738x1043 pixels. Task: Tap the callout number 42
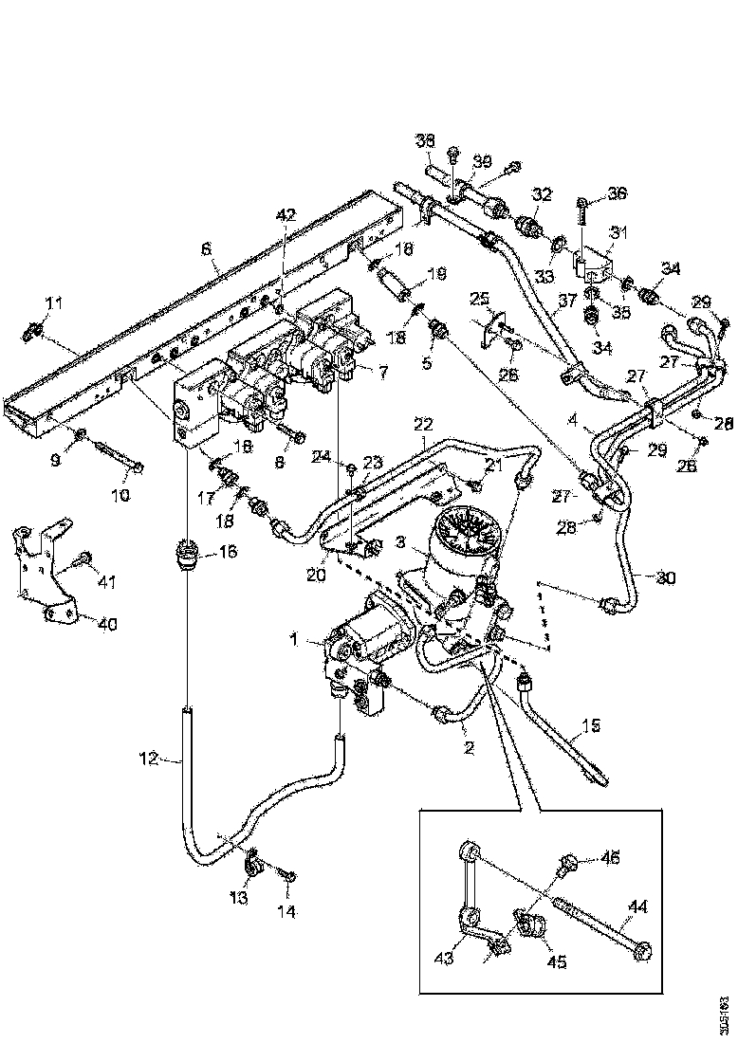pyautogui.click(x=285, y=216)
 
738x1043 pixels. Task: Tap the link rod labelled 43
pyautogui.click(x=468, y=896)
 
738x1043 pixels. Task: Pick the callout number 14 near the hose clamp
pyautogui.click(x=286, y=911)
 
